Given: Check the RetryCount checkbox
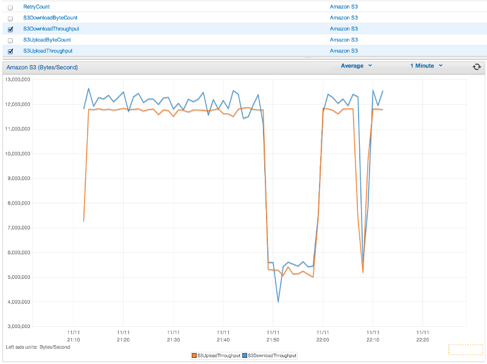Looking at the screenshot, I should (10, 7).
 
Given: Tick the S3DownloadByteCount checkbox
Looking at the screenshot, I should (10, 18).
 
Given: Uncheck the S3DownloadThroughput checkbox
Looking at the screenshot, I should (10, 29).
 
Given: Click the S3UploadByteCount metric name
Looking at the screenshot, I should (47, 40).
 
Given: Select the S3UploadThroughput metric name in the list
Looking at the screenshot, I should (47, 51).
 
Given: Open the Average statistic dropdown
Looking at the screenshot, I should (356, 66).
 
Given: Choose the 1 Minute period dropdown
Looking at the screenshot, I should (426, 66).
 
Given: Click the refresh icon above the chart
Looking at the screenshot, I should (477, 66).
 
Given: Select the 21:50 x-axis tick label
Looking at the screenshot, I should (273, 337).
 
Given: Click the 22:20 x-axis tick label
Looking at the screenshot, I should (422, 337).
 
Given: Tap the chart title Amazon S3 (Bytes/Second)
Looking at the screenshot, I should (42, 67).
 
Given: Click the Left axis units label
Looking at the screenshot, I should (37, 347).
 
